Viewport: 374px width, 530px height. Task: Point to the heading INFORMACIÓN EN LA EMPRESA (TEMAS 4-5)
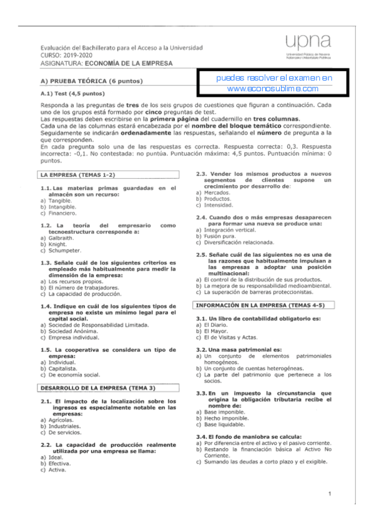click(264, 305)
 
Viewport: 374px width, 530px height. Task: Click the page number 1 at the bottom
click(329, 494)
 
